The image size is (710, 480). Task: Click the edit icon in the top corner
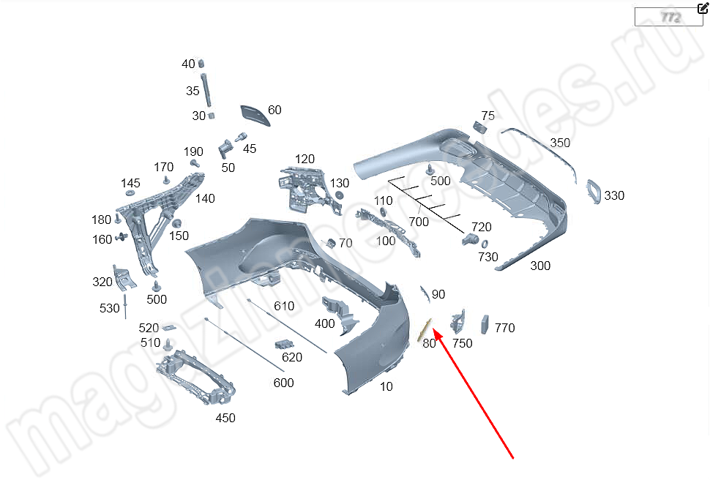[703, 9]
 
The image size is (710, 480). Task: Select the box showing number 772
[668, 17]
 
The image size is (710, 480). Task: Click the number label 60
[274, 110]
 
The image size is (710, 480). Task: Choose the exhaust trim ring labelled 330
[592, 190]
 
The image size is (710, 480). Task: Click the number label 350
[560, 143]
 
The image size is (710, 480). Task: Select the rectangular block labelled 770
[485, 323]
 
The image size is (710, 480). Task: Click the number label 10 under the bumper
[386, 386]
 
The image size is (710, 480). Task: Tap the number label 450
[225, 418]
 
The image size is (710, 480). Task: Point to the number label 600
[283, 383]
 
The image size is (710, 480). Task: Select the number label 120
[304, 159]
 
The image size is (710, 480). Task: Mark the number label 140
[205, 198]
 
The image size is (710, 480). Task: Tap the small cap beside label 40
[201, 64]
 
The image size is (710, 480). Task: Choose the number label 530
[109, 309]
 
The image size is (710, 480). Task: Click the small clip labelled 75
[482, 127]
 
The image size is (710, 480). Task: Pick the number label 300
[540, 266]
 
